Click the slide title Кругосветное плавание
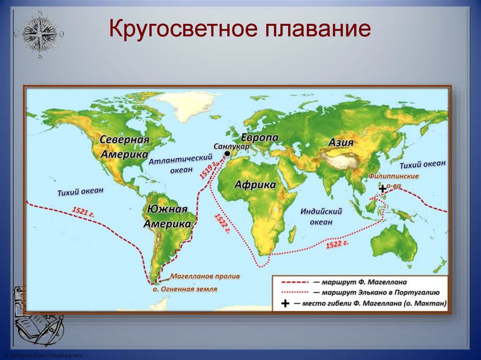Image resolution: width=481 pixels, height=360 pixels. pos(240,30)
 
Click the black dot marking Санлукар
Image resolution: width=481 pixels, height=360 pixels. pos(227,154)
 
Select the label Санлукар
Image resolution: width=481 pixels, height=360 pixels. pos(231,146)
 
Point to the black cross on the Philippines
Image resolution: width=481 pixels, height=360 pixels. pos(383,189)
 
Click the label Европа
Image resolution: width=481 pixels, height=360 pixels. pos(260,138)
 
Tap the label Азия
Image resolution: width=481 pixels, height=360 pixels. pos(341,143)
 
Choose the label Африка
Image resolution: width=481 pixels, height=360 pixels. pos(255,184)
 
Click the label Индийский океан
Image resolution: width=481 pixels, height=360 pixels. pos(321,216)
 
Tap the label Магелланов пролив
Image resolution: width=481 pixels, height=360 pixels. pos(205,276)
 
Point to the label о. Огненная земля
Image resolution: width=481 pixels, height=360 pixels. pos(185,289)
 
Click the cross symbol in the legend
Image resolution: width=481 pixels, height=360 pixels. pos(285,304)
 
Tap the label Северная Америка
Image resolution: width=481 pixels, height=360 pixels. pos(124,147)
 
